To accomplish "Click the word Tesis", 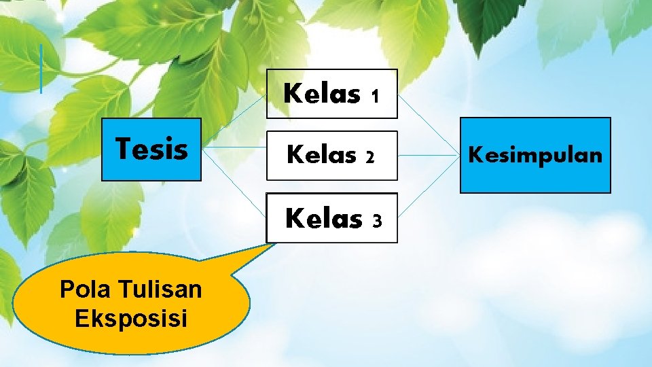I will [x=151, y=149].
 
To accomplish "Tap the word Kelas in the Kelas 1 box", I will [x=322, y=94].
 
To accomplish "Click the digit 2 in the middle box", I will [x=370, y=158].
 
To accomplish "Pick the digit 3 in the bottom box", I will [x=378, y=221].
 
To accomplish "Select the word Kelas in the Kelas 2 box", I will [x=321, y=156].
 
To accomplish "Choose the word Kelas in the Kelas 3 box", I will [x=324, y=219].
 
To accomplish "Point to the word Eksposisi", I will [x=131, y=318].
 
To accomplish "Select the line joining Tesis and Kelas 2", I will [x=234, y=147].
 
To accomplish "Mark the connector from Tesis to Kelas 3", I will [x=234, y=179].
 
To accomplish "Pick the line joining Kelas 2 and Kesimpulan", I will [x=429, y=155].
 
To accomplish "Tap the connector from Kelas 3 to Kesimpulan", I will [x=429, y=188].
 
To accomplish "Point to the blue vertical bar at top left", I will [x=41, y=69].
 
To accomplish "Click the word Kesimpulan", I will [x=535, y=156].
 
